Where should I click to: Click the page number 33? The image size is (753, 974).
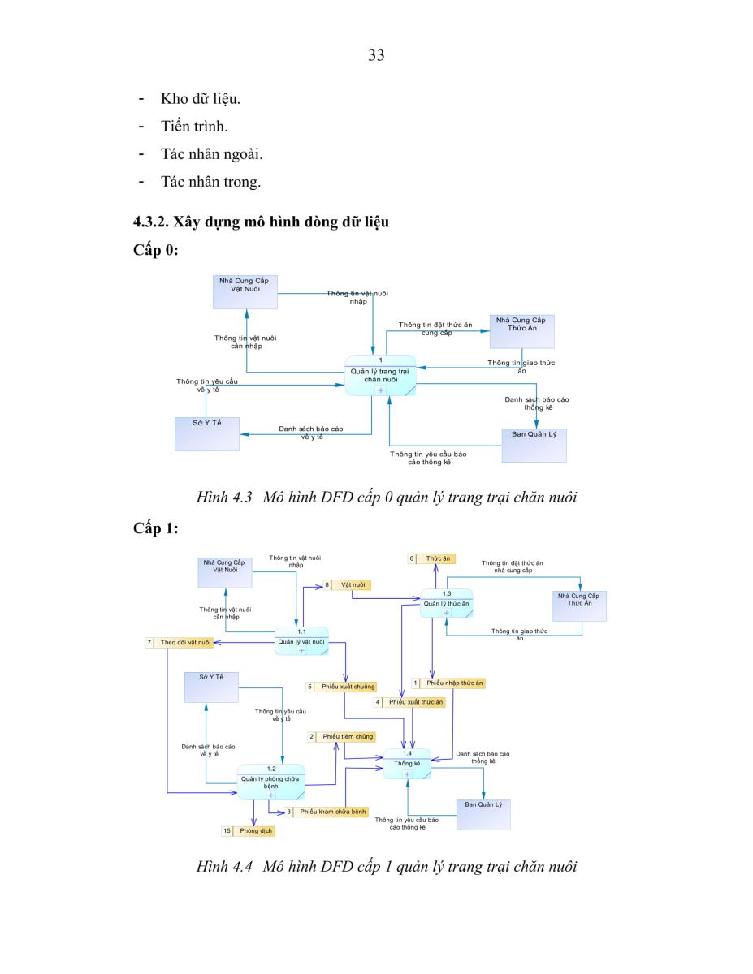(376, 55)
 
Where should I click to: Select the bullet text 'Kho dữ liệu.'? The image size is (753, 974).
(201, 98)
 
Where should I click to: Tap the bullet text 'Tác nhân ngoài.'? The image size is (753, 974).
(212, 154)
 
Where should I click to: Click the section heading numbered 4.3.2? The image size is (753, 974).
(261, 222)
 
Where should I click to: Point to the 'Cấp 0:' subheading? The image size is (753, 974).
(155, 250)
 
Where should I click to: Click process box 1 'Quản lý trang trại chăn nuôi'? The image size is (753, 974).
(380, 376)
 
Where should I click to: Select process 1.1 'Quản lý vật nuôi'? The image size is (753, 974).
(301, 641)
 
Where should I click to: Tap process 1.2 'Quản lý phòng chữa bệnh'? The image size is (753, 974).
(270, 782)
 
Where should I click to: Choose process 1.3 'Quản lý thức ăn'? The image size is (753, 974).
(446, 603)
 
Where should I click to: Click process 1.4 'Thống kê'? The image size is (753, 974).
(407, 764)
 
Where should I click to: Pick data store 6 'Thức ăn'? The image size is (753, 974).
(432, 558)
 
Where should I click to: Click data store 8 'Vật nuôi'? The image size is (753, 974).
(347, 585)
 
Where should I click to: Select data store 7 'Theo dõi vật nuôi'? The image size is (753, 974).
(180, 642)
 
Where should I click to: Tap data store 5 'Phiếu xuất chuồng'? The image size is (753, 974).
(342, 687)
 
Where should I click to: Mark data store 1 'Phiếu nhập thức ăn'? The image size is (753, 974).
(448, 683)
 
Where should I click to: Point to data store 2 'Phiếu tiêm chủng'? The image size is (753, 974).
(342, 736)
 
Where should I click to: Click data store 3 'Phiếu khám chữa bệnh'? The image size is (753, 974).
(327, 812)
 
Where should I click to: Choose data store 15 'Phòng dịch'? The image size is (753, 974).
(248, 830)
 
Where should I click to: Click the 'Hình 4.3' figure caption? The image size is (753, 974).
(386, 497)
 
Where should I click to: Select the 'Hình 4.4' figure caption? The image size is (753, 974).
(386, 866)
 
